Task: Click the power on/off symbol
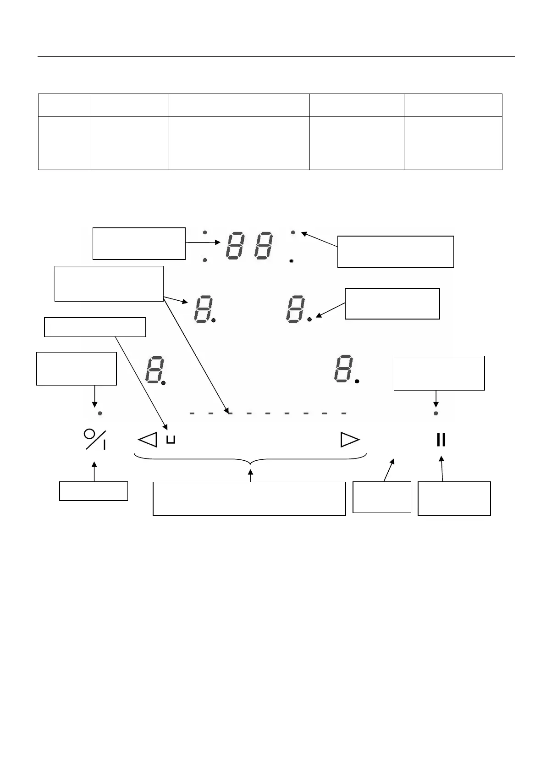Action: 95,439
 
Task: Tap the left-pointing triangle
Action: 148,440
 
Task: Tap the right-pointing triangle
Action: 350,440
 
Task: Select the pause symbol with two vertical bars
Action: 441,440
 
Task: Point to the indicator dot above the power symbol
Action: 100,413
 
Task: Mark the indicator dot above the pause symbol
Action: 436,413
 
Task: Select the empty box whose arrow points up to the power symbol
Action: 94,491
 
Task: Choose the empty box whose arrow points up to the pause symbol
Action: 454,498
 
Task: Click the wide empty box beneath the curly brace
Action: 249,499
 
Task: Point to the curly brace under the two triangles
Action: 250,459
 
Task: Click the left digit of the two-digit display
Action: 235,246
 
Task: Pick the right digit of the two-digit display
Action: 263,246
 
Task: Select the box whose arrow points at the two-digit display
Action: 139,243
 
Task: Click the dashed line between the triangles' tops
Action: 268,413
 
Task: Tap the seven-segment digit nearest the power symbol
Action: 154,369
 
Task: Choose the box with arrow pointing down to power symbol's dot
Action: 76,369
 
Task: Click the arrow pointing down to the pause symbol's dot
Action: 436,398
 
